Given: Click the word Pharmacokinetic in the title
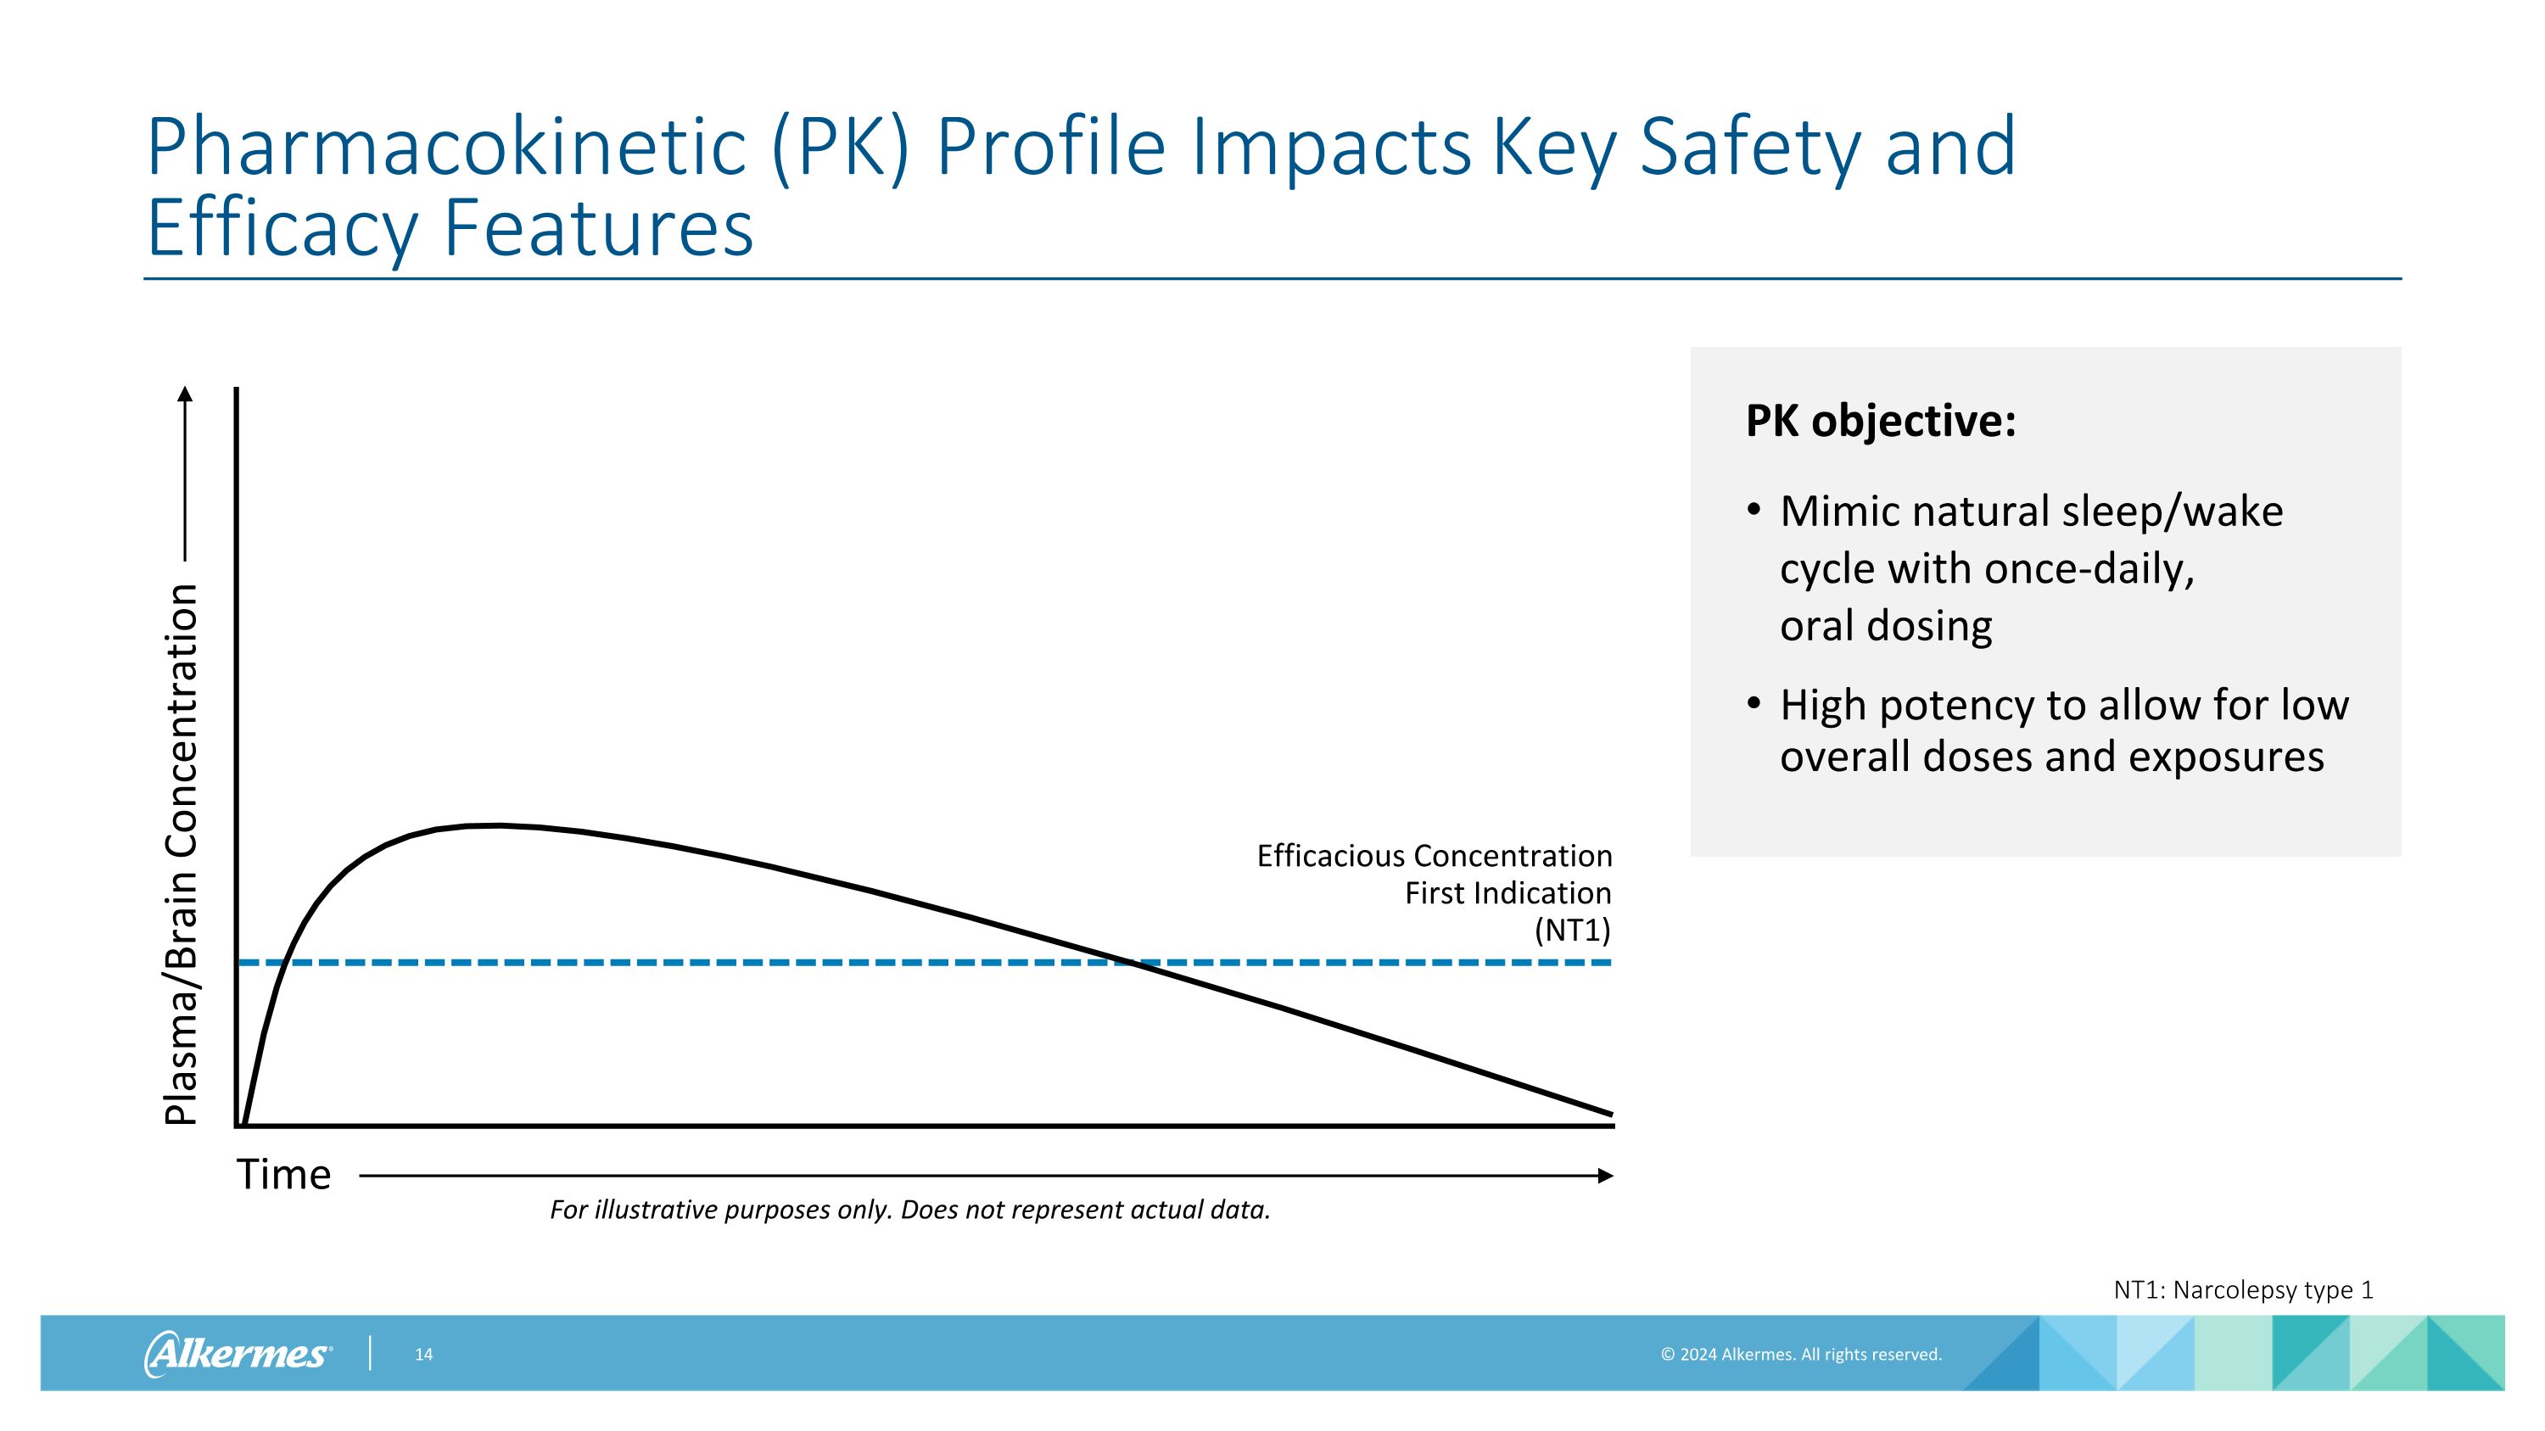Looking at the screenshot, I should [x=445, y=148].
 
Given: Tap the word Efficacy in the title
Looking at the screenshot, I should [x=282, y=229].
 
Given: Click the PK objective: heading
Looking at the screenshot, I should [x=1880, y=421].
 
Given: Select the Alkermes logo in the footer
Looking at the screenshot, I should [x=238, y=1353].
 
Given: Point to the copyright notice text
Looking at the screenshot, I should [x=1800, y=1355].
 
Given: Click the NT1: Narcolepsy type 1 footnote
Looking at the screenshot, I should [x=2243, y=1290].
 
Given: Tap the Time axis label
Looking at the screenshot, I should [x=283, y=1175].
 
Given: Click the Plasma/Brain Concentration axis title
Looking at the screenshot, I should [x=182, y=854].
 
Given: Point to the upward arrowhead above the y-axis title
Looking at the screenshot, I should [x=185, y=395].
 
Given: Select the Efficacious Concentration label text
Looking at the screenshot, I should [x=1434, y=856].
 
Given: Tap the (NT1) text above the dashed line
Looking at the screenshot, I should [x=1572, y=931].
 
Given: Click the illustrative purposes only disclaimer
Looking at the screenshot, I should [x=910, y=1210].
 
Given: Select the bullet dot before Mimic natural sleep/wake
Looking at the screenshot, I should [x=1754, y=510].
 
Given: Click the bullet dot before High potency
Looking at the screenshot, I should [x=1754, y=703].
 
